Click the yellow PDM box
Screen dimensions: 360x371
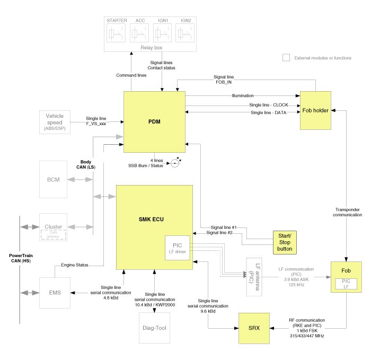coord(154,121)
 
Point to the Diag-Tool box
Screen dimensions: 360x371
coord(155,328)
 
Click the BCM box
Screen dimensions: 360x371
coord(54,180)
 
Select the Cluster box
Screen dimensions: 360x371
coord(54,227)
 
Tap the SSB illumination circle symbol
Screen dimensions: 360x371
coord(175,163)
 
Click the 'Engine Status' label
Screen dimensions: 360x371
coord(75,264)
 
